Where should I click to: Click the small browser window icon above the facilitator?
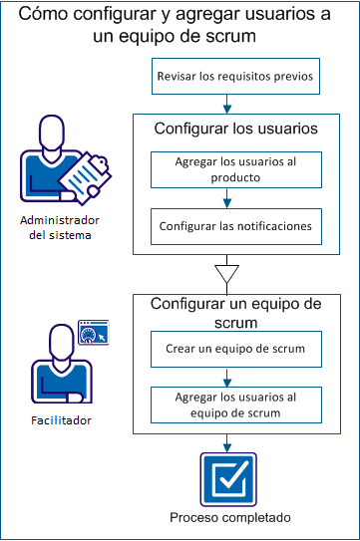pos(93,332)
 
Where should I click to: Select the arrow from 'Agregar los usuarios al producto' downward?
pos(230,197)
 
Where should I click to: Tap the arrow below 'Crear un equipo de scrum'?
pos(230,377)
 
